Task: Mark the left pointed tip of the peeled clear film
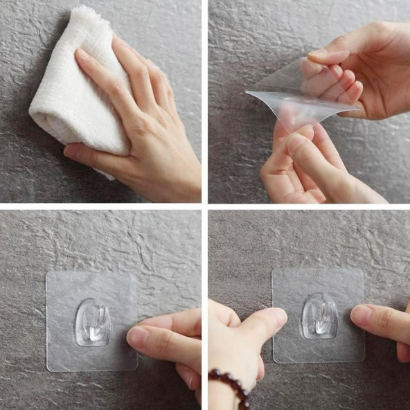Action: (247, 93)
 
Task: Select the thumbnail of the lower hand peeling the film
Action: (296, 143)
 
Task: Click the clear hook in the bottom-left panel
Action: (92, 321)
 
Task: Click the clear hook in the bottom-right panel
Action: (319, 315)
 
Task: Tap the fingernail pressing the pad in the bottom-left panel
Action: (136, 337)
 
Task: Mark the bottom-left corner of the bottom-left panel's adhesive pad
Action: (48, 371)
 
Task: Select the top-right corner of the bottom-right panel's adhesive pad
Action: (362, 269)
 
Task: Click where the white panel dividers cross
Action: (205, 206)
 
